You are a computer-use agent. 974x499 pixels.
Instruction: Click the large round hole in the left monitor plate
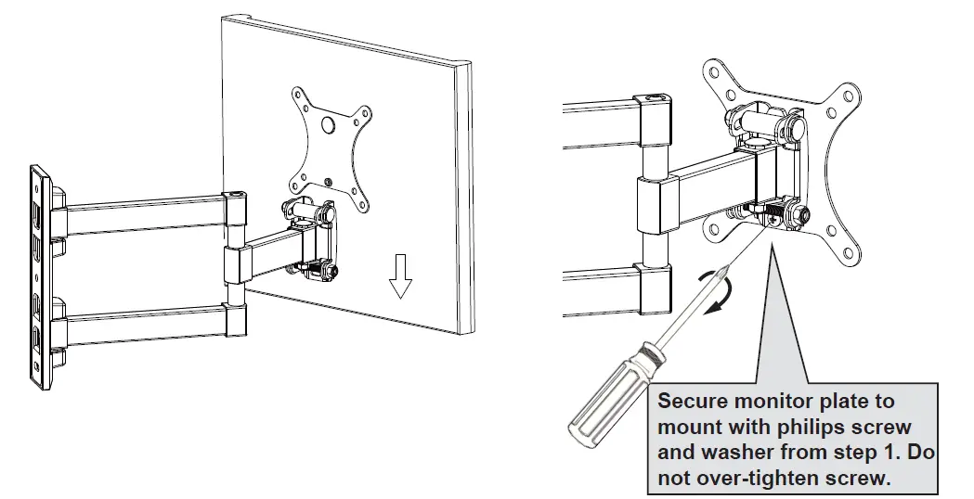[x=328, y=124]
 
